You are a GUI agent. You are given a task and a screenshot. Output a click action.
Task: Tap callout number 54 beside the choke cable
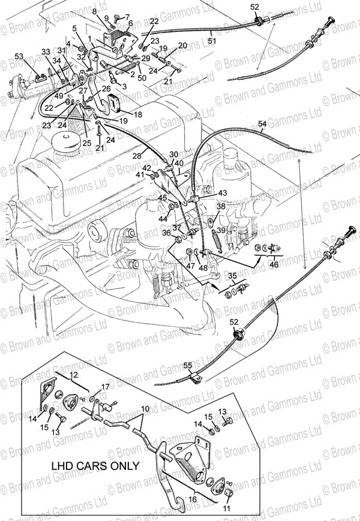262,124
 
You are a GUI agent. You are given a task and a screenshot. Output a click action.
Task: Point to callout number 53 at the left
19,56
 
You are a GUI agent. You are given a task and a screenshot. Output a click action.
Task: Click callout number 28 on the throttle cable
137,155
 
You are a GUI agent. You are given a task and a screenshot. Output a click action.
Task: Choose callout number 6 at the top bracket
130,23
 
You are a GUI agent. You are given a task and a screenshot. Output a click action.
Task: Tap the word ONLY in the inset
124,465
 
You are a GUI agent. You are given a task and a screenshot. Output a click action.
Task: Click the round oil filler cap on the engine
67,143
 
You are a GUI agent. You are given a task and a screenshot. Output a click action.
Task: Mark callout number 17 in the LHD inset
105,386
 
